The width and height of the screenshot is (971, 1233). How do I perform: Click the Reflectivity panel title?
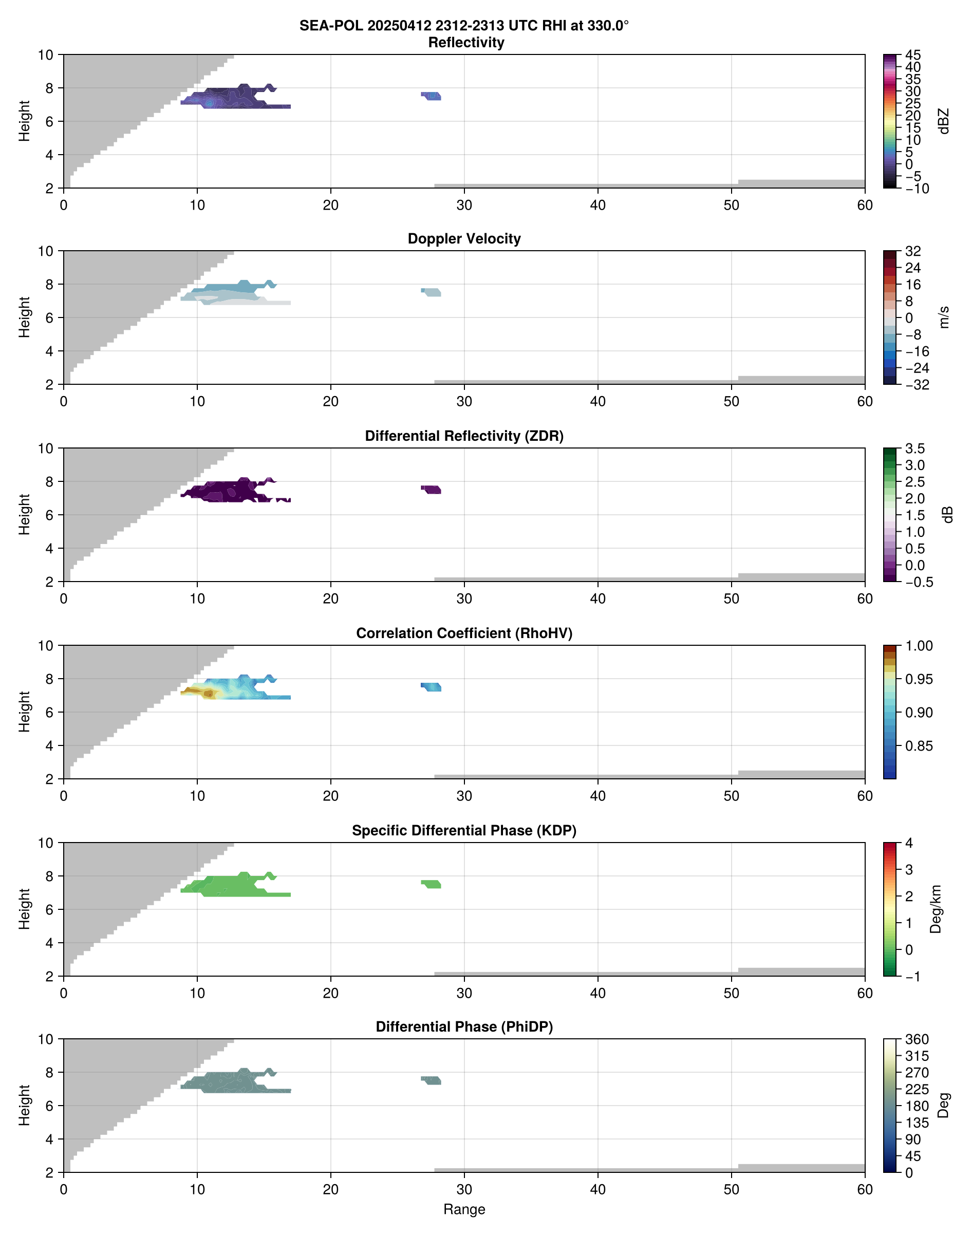pyautogui.click(x=466, y=43)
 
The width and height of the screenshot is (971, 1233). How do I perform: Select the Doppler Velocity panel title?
pyautogui.click(x=464, y=239)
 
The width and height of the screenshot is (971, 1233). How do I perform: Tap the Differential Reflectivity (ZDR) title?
pyautogui.click(x=464, y=436)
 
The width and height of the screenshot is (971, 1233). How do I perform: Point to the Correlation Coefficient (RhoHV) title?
pyautogui.click(x=464, y=633)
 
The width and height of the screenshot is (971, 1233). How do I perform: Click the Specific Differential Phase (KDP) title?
pyautogui.click(x=464, y=831)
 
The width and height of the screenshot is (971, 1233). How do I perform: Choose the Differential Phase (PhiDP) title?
pyautogui.click(x=464, y=1026)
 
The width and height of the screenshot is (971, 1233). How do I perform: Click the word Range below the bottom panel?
pyautogui.click(x=464, y=1209)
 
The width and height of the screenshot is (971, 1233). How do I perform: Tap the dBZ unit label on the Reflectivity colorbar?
pyautogui.click(x=944, y=121)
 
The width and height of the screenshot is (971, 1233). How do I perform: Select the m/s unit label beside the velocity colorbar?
pyautogui.click(x=944, y=317)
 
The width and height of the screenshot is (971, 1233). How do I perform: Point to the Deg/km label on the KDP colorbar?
pyautogui.click(x=935, y=909)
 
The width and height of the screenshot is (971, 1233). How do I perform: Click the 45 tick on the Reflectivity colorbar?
pyautogui.click(x=913, y=55)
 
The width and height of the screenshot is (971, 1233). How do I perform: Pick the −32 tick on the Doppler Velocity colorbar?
pyautogui.click(x=917, y=385)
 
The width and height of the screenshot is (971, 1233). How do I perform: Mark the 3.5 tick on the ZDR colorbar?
pyautogui.click(x=914, y=449)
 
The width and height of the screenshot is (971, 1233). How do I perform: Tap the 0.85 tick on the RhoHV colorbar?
pyautogui.click(x=919, y=746)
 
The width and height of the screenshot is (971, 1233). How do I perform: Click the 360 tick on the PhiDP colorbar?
pyautogui.click(x=917, y=1040)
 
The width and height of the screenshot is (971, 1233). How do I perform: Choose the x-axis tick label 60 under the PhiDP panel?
pyautogui.click(x=865, y=1189)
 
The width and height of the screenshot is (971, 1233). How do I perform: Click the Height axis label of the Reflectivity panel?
pyautogui.click(x=24, y=121)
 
